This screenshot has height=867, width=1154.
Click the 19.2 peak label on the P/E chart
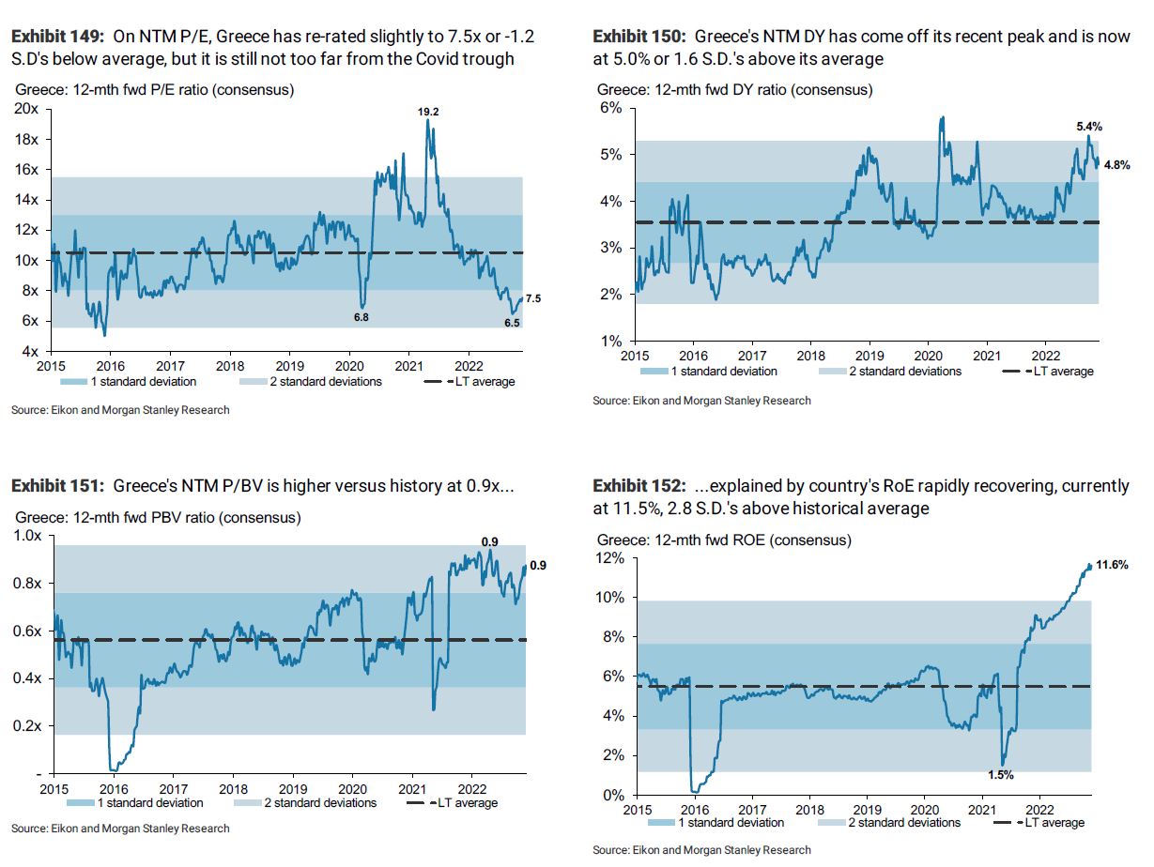[428, 112]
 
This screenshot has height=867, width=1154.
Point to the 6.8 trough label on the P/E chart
[361, 317]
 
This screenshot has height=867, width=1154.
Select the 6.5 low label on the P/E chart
[511, 323]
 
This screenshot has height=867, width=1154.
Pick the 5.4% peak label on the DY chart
[1088, 126]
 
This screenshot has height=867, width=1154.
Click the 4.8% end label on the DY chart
[1117, 164]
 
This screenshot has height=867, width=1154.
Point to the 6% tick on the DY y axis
[611, 108]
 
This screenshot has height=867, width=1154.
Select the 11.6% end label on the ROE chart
[1114, 565]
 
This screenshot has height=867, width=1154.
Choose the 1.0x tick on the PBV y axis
[26, 536]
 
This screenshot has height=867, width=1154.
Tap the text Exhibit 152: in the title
[640, 486]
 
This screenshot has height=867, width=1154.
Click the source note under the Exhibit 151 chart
[120, 829]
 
